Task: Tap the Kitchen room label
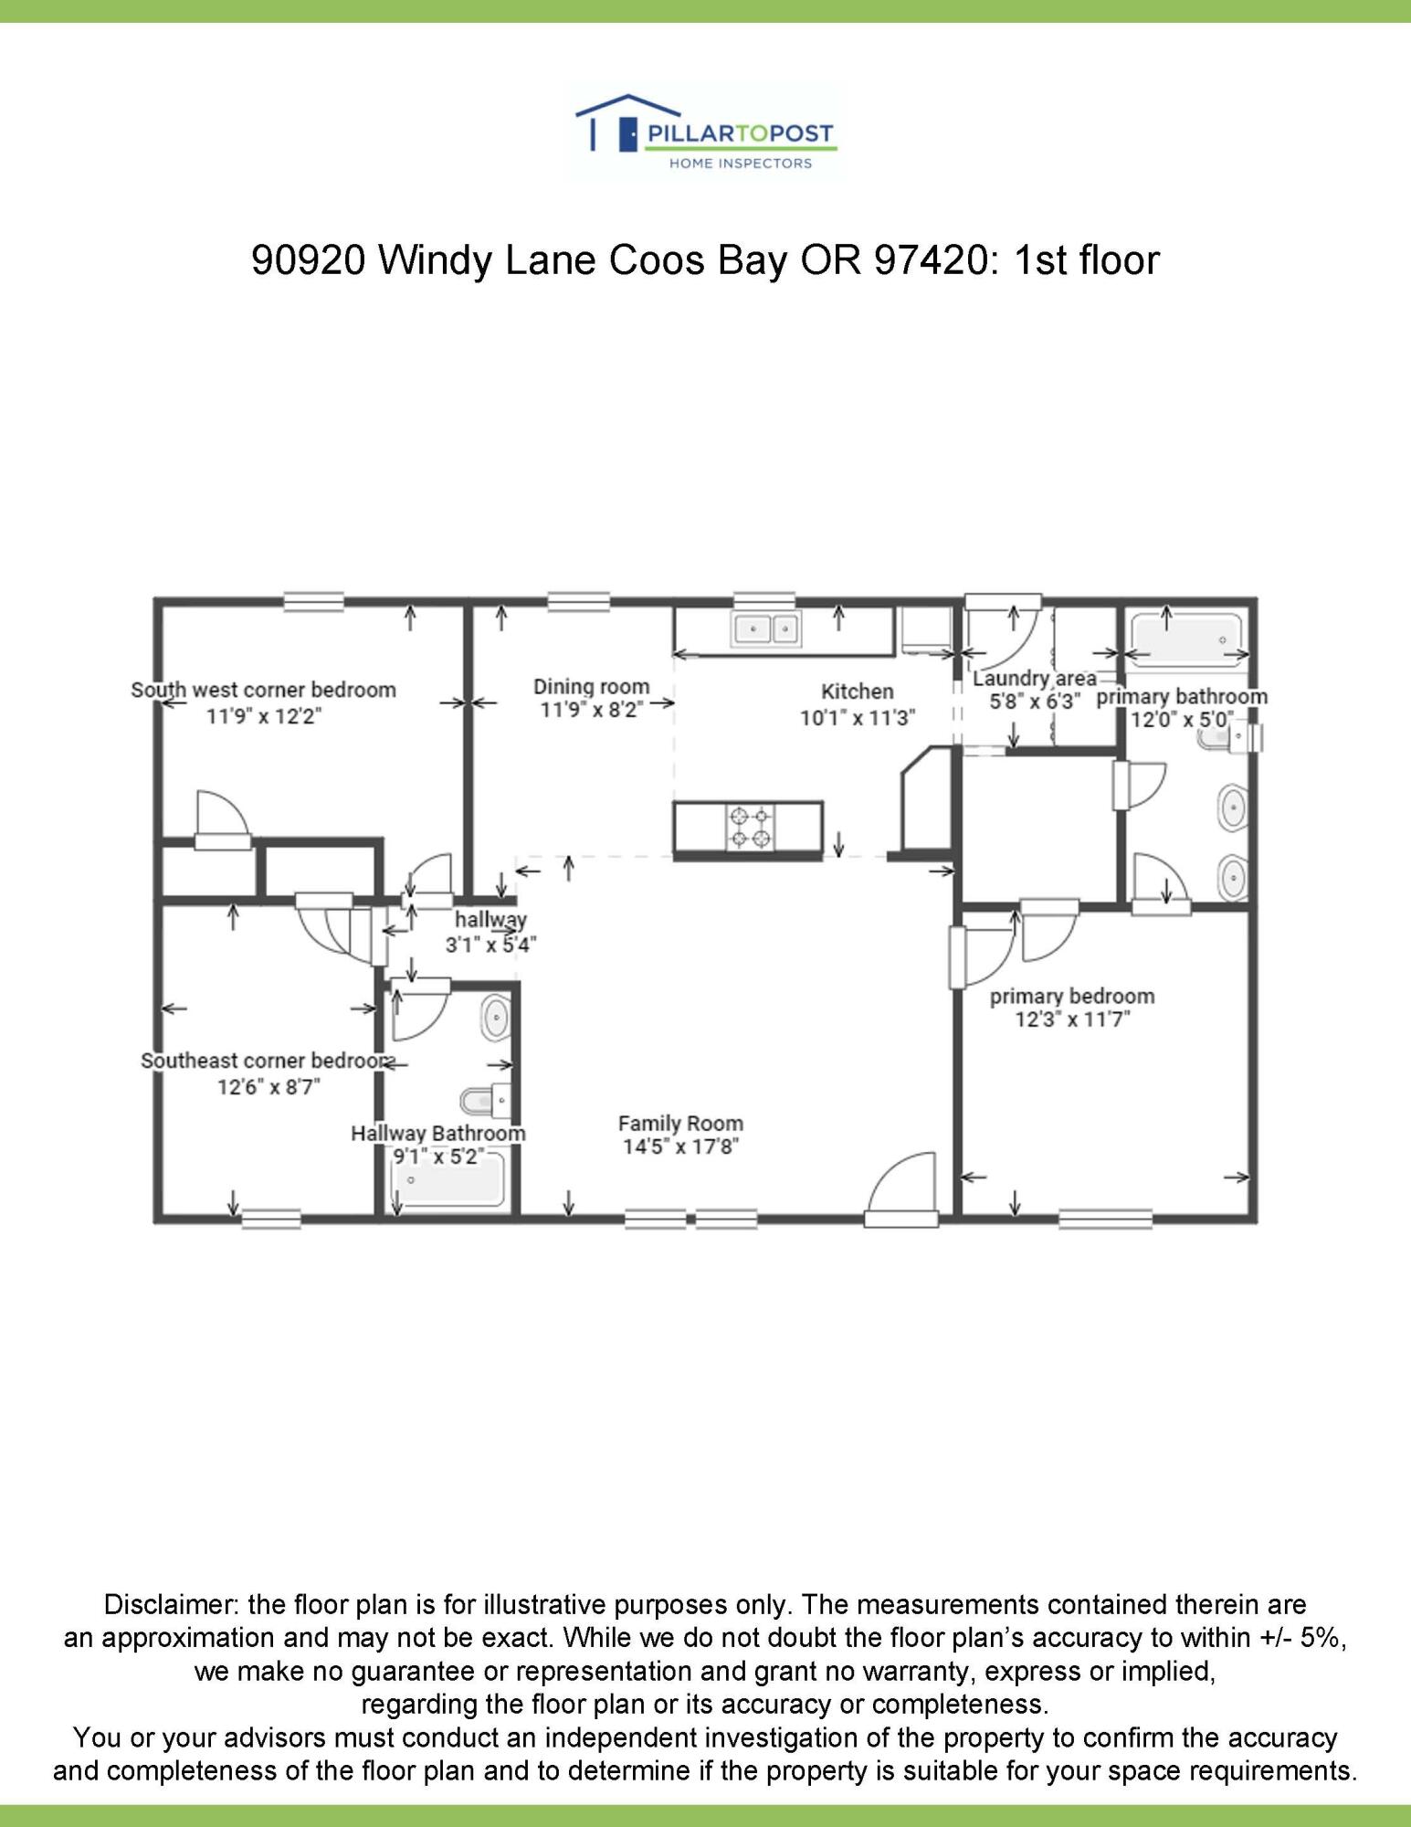(857, 692)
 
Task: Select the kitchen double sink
(765, 629)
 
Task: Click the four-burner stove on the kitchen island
(751, 828)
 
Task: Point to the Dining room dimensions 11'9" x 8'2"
(592, 710)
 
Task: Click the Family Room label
(680, 1124)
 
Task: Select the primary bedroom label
(1072, 996)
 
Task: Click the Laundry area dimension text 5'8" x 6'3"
(1035, 702)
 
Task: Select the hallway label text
(490, 919)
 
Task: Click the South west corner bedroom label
(263, 690)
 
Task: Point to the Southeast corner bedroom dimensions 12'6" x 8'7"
(269, 1087)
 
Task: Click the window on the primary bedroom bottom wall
(1105, 1217)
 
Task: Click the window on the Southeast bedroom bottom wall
(271, 1217)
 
